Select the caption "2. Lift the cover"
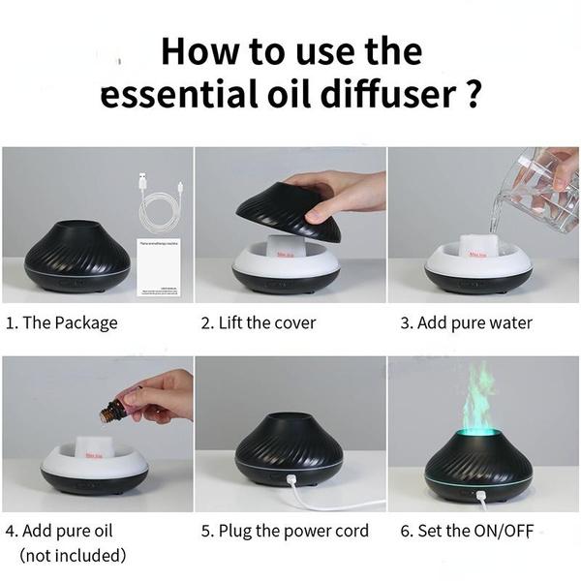[x=258, y=322]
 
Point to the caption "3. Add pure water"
[x=466, y=322]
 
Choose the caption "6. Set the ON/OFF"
[x=466, y=531]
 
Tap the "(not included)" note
[x=73, y=556]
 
